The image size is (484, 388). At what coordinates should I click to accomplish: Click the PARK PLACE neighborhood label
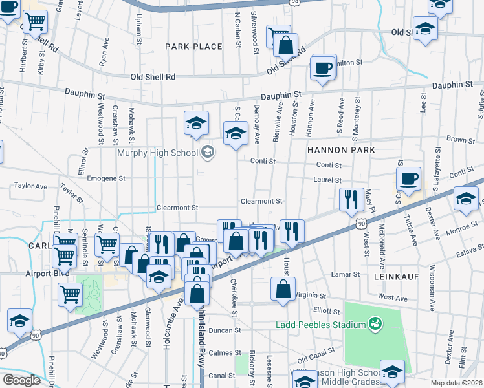tap(193, 47)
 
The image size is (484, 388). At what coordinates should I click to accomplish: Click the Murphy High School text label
tap(157, 153)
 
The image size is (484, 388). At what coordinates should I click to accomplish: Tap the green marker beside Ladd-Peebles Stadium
tap(373, 323)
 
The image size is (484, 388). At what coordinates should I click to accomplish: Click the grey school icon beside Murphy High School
tap(208, 153)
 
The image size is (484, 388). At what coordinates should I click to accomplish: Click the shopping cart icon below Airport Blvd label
tap(70, 294)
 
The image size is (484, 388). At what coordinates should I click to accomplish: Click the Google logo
tap(21, 380)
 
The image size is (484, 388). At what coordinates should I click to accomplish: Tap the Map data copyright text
tap(457, 383)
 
